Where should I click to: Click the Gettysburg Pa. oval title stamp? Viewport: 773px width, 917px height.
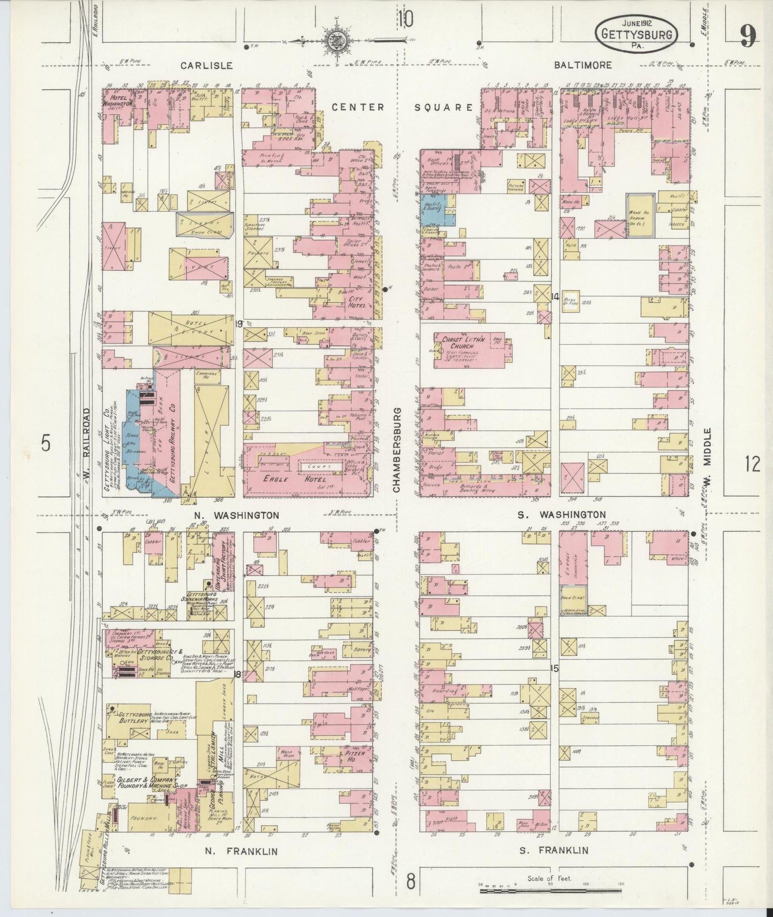(x=636, y=34)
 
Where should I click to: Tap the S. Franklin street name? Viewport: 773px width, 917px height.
(x=554, y=850)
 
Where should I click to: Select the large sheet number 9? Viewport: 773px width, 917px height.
(x=748, y=36)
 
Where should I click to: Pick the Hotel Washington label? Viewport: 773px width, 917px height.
(x=117, y=102)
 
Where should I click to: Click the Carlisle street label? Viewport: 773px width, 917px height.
(x=206, y=65)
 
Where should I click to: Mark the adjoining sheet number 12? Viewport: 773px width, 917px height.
(x=752, y=464)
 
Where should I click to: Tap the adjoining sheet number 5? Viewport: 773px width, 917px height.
(x=47, y=444)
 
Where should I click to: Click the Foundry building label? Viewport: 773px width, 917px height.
(x=142, y=819)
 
